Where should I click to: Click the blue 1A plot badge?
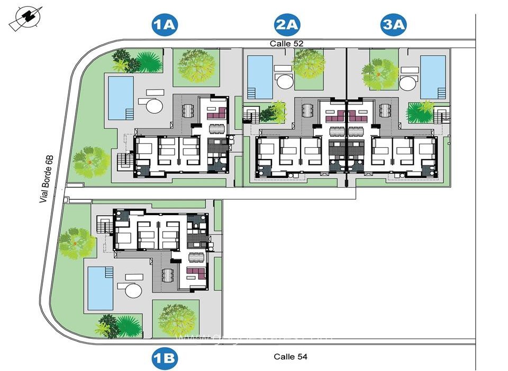coord(164,25)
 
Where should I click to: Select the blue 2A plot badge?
coord(287,25)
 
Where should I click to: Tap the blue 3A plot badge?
coord(394,25)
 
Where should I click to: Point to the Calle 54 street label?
coord(291,357)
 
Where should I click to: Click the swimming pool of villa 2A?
coord(260,77)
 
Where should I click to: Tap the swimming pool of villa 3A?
coord(433,77)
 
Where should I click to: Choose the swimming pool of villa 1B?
coord(101,288)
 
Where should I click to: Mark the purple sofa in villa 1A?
coord(217,112)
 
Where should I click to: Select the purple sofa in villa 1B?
coord(196,274)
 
